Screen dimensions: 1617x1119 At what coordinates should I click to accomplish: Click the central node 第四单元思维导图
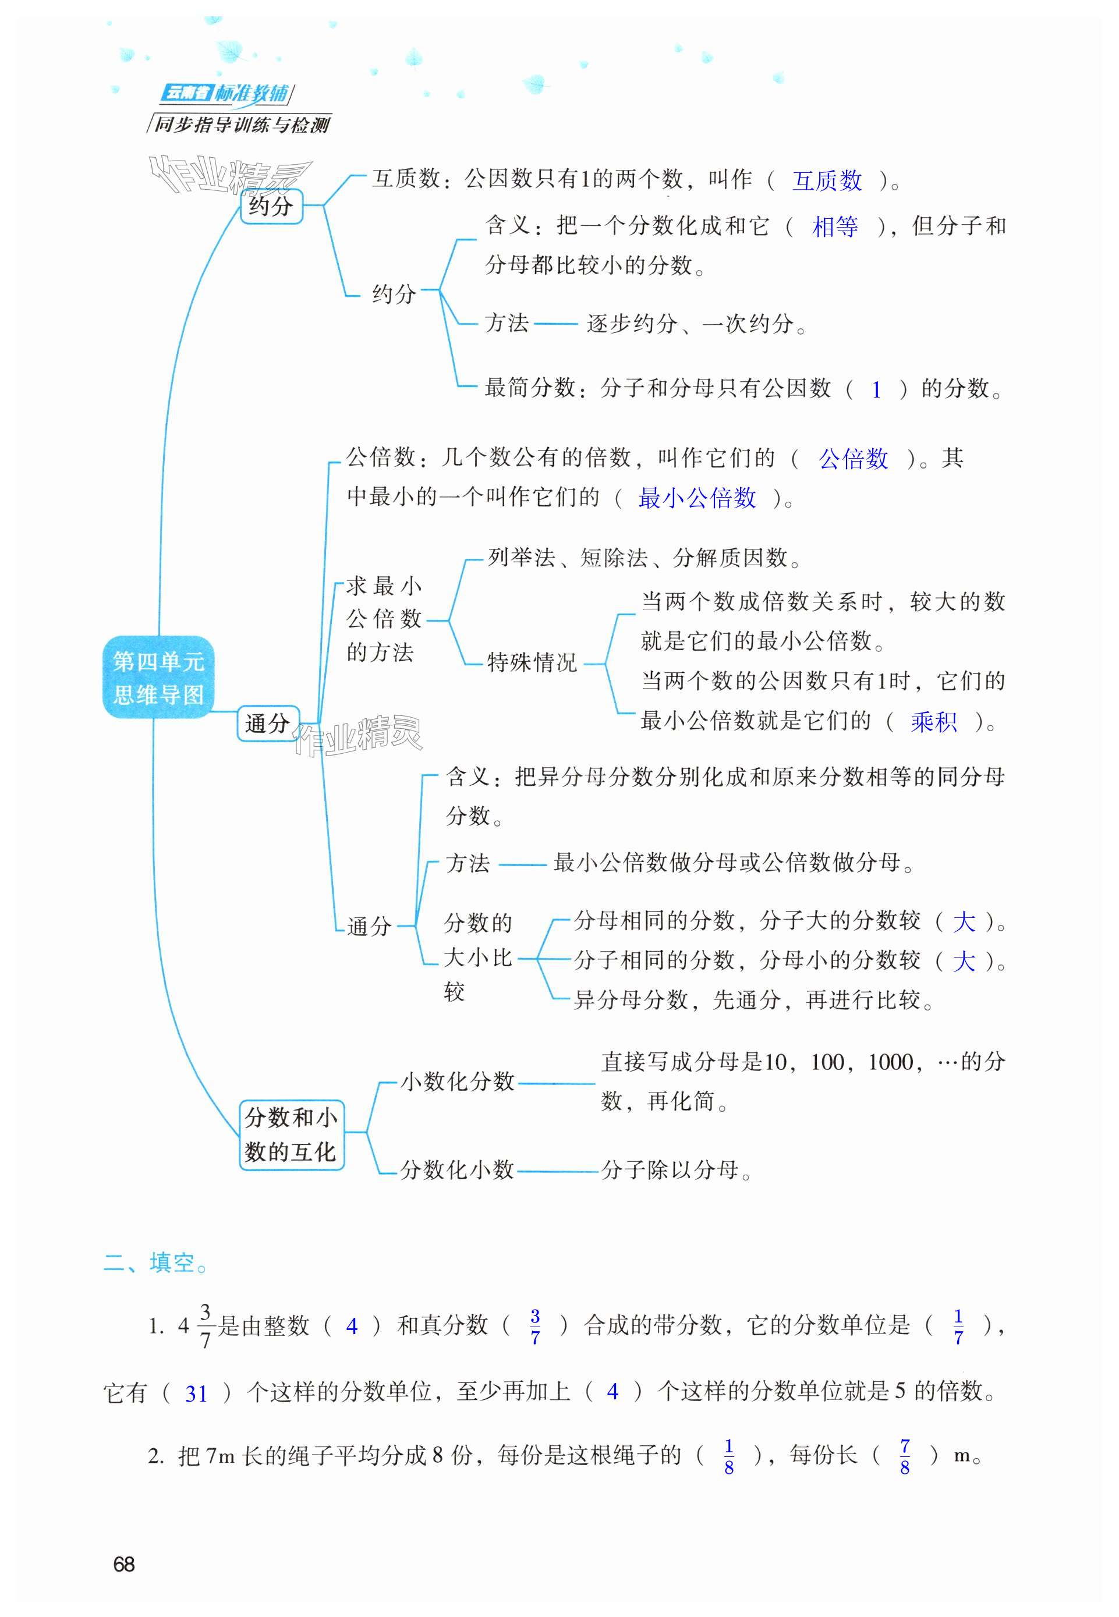[x=158, y=677]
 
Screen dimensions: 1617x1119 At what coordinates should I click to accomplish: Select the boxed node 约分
[x=271, y=206]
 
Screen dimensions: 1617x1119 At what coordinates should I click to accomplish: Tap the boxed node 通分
[x=267, y=724]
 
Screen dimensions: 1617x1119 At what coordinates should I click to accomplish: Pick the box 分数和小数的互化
[x=291, y=1135]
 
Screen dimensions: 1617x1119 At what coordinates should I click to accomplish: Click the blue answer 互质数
[x=827, y=181]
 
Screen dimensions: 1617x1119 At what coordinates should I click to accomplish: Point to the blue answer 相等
[x=834, y=227]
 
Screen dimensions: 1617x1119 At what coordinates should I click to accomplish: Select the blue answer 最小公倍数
[x=696, y=498]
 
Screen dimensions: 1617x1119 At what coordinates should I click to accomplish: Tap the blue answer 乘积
[x=933, y=721]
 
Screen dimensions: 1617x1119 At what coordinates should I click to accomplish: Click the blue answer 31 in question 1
[x=196, y=1393]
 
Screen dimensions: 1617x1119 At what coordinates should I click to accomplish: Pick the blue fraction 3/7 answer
[x=535, y=1326]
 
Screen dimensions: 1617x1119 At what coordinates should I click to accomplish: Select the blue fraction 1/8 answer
[x=728, y=1457]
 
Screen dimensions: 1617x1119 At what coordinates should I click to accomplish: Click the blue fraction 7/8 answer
[x=904, y=1457]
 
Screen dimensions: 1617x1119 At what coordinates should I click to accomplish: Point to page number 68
[x=124, y=1565]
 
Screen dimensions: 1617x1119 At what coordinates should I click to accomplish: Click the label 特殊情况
[x=532, y=662]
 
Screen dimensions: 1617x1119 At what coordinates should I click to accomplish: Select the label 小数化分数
[x=457, y=1081]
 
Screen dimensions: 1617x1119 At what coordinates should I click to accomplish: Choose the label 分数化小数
[x=457, y=1169]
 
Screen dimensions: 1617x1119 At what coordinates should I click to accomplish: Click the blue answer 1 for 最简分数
[x=876, y=390]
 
